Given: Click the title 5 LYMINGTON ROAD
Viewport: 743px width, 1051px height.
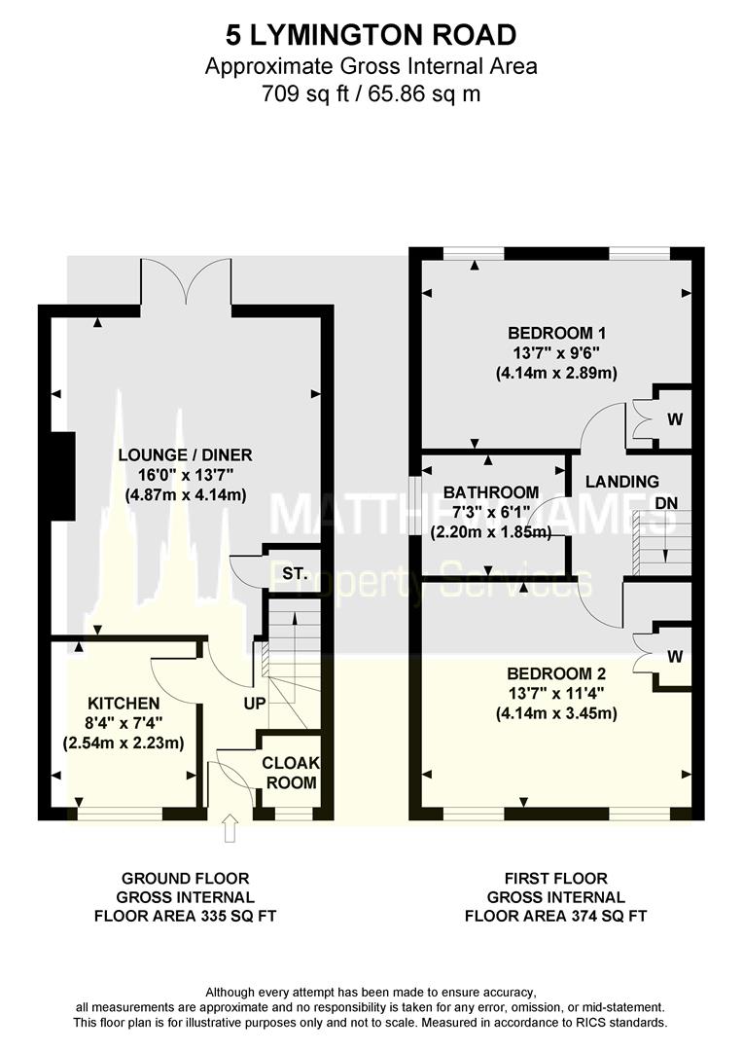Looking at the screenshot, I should tap(371, 36).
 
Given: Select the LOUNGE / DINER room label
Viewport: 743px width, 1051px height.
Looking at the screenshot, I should tap(185, 455).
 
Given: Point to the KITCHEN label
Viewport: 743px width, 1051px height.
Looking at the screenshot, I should tap(124, 702).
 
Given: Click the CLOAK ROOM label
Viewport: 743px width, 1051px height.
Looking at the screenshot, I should tap(291, 773).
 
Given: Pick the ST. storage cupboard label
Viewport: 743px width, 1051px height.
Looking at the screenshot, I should tap(294, 574).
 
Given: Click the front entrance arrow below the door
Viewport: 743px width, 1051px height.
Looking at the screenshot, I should tap(230, 830).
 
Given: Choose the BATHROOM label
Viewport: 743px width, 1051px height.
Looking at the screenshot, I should tap(491, 492).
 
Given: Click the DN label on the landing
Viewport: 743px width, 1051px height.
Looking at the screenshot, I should tap(666, 503).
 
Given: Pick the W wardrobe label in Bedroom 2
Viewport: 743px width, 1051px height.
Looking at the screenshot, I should tap(674, 657).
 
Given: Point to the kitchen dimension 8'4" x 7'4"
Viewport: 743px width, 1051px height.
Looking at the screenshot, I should tap(124, 723).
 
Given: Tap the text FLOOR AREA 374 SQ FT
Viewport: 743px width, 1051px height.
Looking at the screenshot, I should tap(556, 915).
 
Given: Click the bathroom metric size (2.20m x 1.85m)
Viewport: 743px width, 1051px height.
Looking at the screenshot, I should tap(491, 532).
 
